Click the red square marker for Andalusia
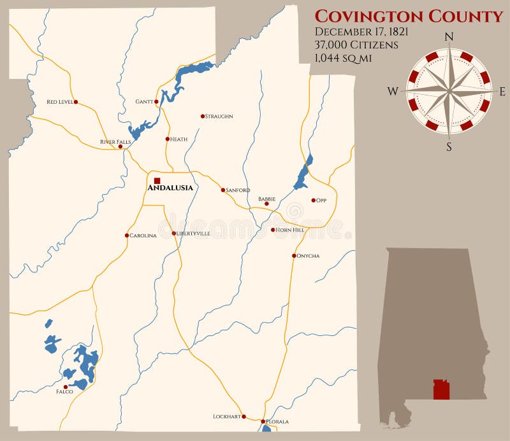point(157,181)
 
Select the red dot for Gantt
point(156,101)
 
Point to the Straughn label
point(219,116)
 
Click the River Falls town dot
point(120,146)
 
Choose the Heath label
point(178,139)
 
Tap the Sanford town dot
point(223,190)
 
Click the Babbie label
point(266,199)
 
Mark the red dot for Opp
point(314,200)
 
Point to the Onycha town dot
point(294,256)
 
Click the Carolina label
point(143,235)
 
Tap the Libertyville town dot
point(173,234)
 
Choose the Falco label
point(64,392)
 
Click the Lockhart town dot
point(244,416)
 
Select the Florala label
point(277,421)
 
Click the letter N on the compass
point(449,37)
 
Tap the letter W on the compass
point(393,92)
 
